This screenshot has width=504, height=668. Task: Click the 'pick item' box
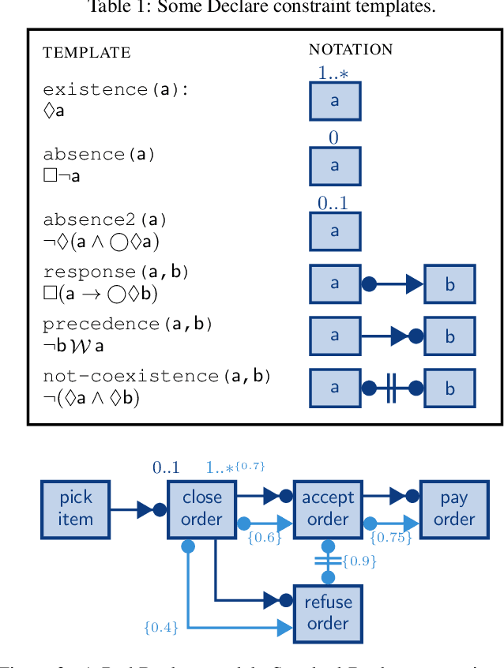click(75, 509)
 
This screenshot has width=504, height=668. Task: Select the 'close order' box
click(201, 509)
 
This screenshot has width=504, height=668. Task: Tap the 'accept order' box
click(327, 509)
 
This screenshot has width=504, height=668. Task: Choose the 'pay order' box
click(453, 509)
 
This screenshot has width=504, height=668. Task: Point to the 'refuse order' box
click(327, 613)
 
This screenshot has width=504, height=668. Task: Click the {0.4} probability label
click(161, 628)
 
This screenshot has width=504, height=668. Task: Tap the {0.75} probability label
click(390, 538)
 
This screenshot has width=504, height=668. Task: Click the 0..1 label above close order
click(166, 467)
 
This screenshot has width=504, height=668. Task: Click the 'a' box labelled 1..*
click(334, 101)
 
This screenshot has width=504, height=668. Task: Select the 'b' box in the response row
click(449, 284)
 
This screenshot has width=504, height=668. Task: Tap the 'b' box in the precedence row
click(449, 336)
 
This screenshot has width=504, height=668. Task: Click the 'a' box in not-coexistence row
click(334, 388)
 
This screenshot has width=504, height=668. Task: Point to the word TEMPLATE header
click(86, 53)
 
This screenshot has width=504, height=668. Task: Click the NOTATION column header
click(350, 49)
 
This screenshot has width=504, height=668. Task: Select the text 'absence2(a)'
click(105, 220)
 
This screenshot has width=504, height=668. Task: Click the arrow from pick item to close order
click(137, 509)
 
